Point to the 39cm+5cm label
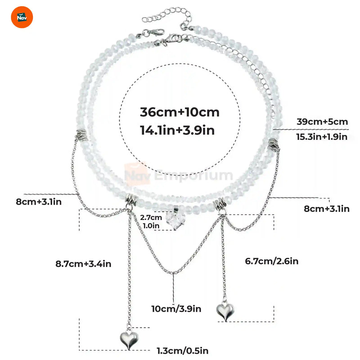[x=322, y=121]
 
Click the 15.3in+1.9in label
[x=322, y=136]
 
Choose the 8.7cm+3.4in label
[x=82, y=264]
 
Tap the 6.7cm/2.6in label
[x=271, y=261]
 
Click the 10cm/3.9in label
[x=176, y=309]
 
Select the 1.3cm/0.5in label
[x=182, y=350]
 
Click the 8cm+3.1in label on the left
[x=38, y=202]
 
